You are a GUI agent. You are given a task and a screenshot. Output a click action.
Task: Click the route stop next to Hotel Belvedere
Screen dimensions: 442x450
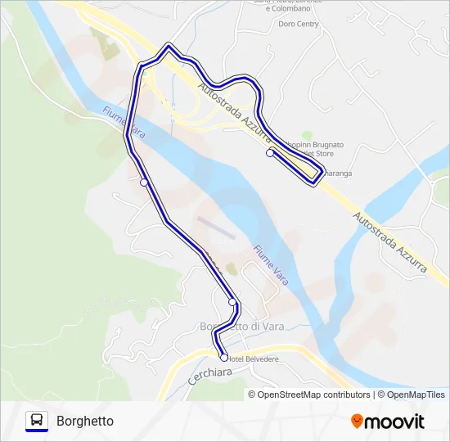tap(223, 357)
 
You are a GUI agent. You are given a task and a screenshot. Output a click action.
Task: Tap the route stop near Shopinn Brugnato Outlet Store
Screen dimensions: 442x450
tap(270, 153)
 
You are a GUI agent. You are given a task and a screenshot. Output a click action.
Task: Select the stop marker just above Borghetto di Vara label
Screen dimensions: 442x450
tap(232, 302)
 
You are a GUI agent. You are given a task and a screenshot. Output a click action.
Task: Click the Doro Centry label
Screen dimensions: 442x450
tap(298, 25)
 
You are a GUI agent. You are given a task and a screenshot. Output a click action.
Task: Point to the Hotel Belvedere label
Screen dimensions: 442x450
tap(254, 359)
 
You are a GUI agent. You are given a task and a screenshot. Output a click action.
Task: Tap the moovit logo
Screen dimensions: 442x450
tap(388, 422)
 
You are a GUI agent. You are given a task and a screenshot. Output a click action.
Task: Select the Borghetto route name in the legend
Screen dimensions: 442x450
tap(85, 422)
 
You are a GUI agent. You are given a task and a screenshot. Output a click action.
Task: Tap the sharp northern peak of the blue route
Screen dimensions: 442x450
tap(169, 46)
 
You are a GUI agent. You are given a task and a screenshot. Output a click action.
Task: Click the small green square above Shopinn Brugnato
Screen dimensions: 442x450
tap(307, 135)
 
